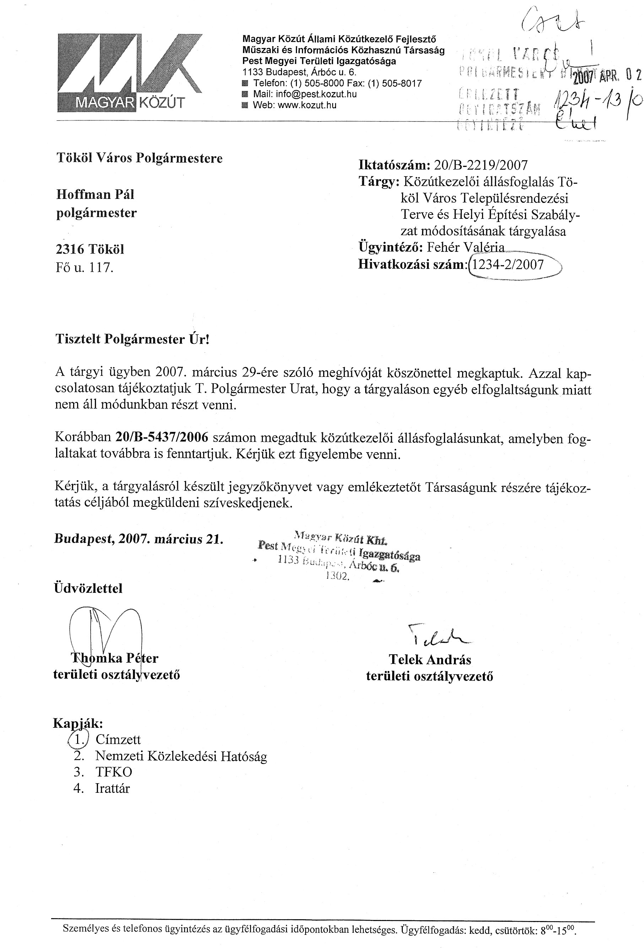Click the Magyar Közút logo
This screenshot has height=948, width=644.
(x=130, y=72)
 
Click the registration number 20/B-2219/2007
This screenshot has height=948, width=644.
(x=481, y=165)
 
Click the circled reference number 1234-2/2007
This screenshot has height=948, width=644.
(x=507, y=265)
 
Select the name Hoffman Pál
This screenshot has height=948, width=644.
(x=95, y=194)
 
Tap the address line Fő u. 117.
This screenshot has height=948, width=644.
(x=84, y=267)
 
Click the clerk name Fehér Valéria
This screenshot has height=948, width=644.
(x=465, y=247)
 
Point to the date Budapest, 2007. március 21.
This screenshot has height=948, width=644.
(x=139, y=539)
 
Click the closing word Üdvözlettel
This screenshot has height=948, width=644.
(x=88, y=588)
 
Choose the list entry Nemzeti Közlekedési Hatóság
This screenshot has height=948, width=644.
(x=181, y=756)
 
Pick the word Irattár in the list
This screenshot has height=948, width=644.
(x=112, y=788)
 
